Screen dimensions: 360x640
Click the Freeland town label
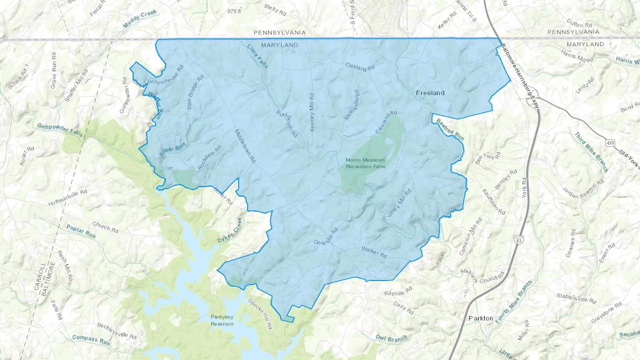pos(430,93)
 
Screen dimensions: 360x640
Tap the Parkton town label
pos(481,318)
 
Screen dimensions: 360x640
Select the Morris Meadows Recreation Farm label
pos(365,163)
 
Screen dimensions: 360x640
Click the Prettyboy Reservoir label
pos(222,320)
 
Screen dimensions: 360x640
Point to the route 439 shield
pos(610,143)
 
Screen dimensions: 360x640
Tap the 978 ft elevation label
pos(234,11)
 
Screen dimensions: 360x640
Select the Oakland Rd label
pos(360,67)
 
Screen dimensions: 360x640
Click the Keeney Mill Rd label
pos(312,112)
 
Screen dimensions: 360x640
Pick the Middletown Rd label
pos(245,146)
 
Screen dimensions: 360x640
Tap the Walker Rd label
pos(374,252)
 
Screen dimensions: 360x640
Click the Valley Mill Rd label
pos(399,203)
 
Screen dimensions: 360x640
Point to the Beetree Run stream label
pos(450,129)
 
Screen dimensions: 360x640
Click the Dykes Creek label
pos(230,231)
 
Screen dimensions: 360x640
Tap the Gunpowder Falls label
pos(60,130)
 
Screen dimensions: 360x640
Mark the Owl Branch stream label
pos(391,338)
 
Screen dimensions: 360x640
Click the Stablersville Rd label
pos(576,298)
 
